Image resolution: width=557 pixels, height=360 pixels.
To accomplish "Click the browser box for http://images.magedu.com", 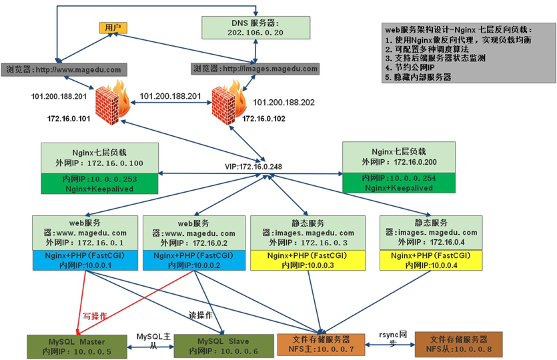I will click(x=255, y=69).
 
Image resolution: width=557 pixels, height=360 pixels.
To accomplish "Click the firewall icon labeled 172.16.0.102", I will click(x=227, y=100).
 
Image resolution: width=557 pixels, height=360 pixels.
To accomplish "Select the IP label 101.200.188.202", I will click(x=284, y=103).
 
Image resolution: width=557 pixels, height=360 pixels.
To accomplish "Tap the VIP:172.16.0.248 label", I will click(x=259, y=166).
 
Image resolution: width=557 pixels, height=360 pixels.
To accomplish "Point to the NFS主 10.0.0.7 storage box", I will click(x=321, y=344).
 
